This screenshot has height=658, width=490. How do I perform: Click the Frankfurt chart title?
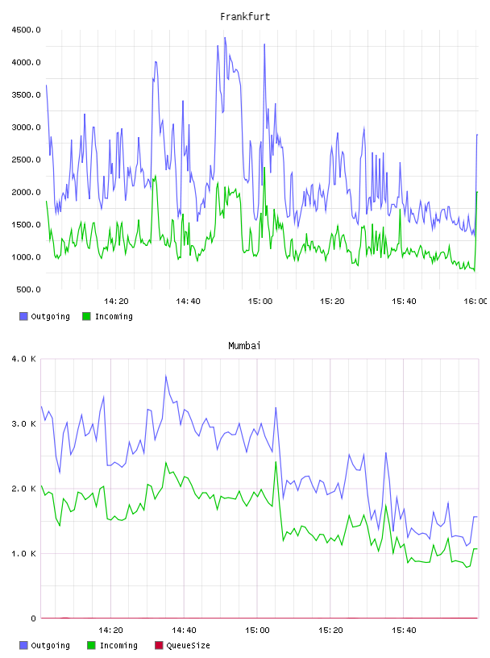(245, 17)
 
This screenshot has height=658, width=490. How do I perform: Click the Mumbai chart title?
(244, 346)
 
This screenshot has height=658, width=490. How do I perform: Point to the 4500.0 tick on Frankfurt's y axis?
(26, 30)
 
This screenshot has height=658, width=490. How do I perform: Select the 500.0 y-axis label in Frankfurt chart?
(28, 289)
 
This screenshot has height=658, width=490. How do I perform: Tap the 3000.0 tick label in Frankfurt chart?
(26, 127)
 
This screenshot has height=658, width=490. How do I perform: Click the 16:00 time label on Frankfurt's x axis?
(475, 301)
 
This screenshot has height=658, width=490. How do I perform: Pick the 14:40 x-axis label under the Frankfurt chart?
(188, 301)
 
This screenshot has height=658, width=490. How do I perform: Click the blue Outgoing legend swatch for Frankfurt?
(23, 316)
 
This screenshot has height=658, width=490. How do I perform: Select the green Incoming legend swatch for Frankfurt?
(86, 316)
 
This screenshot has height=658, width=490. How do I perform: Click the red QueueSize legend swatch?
(159, 645)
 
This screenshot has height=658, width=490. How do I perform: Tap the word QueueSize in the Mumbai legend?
(188, 645)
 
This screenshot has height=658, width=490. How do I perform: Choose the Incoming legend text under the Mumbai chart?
(118, 645)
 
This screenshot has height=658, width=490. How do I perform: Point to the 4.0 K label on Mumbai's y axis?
(24, 359)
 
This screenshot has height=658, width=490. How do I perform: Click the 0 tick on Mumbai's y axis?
(33, 618)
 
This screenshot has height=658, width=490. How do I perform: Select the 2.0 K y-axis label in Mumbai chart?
(24, 489)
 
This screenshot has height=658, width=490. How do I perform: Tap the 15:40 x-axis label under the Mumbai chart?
(404, 630)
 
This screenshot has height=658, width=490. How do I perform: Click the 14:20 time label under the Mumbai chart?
(110, 630)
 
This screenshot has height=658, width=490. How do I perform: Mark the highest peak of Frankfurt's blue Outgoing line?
(225, 38)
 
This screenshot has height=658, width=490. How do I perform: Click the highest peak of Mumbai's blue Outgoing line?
(166, 376)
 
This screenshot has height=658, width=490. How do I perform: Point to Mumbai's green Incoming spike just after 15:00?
(276, 462)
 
